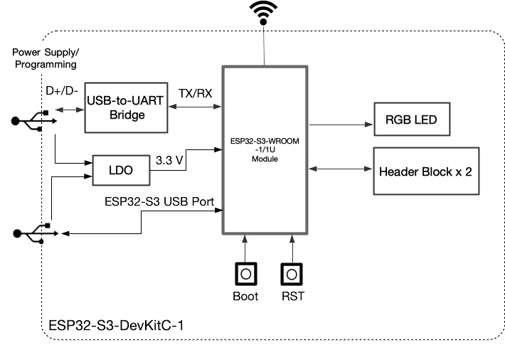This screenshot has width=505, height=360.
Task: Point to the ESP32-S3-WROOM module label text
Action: (x=265, y=150)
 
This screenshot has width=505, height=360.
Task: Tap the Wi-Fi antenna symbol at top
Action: (x=265, y=13)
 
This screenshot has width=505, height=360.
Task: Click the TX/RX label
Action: (x=194, y=93)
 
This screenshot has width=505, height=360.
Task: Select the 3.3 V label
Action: (x=169, y=161)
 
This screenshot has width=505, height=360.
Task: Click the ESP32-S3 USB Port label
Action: (x=159, y=201)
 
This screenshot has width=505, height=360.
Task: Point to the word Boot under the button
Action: (x=246, y=296)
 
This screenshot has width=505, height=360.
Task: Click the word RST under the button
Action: (x=292, y=296)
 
